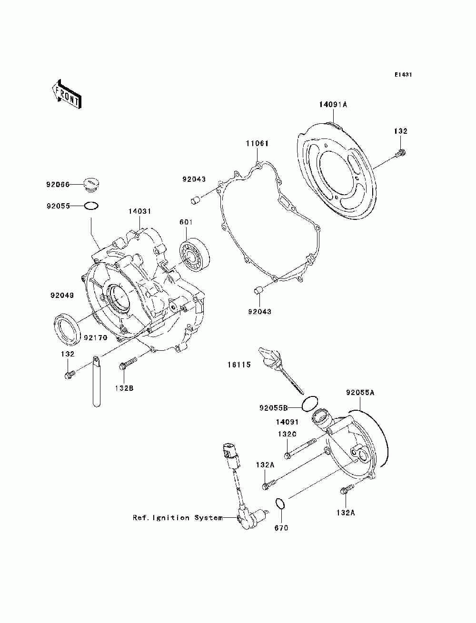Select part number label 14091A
(333, 104)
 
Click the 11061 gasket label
(257, 143)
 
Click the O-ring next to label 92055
(91, 206)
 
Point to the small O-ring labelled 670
(281, 504)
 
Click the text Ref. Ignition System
(178, 517)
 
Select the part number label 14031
(139, 211)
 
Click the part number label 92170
(96, 337)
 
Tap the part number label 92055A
(360, 393)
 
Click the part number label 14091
(288, 422)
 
